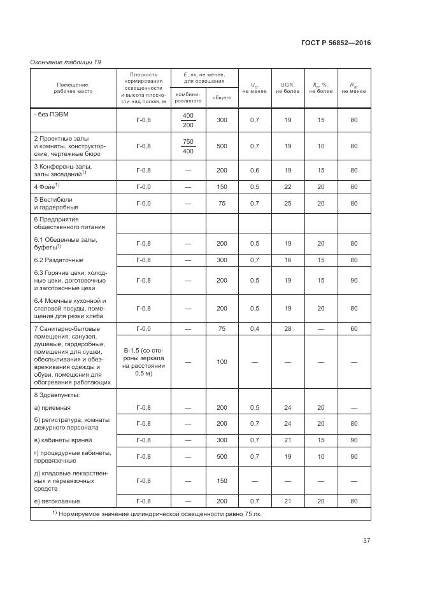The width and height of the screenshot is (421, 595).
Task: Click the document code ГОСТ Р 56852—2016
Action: (336, 43)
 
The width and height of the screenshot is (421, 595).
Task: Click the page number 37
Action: (367, 541)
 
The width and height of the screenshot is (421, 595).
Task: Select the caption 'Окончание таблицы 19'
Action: (66, 62)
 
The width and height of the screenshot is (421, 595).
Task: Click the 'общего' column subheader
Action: (222, 97)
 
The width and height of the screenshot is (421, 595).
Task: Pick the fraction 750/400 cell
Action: (188, 146)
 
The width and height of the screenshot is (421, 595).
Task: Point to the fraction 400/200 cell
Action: (188, 120)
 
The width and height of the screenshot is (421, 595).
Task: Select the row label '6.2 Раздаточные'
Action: (58, 260)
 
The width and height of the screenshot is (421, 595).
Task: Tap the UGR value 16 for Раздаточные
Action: (288, 260)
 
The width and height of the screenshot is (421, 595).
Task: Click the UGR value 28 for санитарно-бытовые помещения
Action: (288, 328)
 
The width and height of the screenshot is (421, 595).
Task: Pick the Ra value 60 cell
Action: (353, 328)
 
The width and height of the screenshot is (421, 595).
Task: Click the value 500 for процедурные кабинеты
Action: (222, 457)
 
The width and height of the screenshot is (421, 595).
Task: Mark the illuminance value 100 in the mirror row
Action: (222, 362)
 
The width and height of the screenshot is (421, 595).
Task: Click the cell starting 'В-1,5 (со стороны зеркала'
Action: (143, 362)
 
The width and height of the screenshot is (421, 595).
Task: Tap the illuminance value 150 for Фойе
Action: (222, 186)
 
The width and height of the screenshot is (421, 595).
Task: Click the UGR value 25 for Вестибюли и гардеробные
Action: (288, 204)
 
